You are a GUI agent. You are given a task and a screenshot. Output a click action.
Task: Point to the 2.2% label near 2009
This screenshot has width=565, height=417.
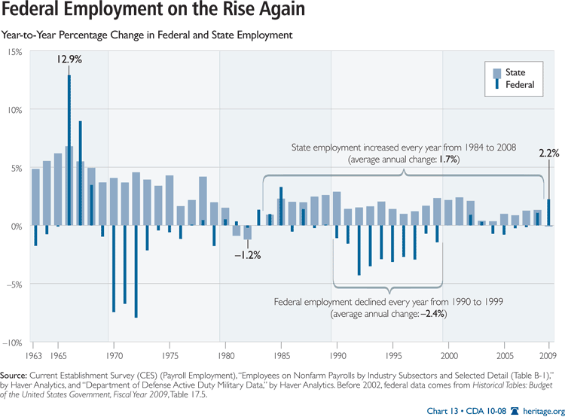click(548, 153)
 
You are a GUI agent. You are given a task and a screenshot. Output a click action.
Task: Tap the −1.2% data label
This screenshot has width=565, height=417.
click(247, 255)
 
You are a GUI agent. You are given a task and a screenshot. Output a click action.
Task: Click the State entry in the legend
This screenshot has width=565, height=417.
click(515, 72)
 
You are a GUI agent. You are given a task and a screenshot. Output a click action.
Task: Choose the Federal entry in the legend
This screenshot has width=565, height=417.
click(519, 85)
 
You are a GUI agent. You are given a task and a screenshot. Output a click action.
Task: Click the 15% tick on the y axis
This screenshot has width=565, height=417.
click(16, 51)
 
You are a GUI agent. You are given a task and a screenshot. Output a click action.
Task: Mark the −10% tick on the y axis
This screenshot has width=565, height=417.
click(13, 342)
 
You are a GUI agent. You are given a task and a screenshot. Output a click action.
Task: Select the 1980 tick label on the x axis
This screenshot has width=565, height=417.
click(225, 355)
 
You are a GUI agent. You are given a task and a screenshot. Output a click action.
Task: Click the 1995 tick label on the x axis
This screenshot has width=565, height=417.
click(393, 355)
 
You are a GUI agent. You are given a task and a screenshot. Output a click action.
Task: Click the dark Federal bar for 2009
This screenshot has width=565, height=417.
click(548, 212)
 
